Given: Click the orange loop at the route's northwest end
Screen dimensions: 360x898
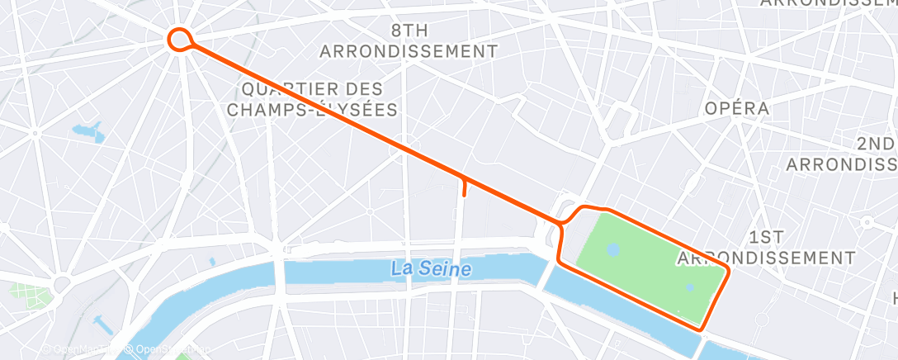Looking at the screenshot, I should click(179, 39).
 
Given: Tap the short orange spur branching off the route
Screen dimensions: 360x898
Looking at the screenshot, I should click(465, 187).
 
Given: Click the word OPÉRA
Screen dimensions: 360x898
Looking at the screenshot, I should click(736, 108).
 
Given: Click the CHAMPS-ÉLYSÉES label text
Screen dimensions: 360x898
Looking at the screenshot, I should click(312, 109).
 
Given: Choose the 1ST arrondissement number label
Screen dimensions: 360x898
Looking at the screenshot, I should click(767, 238).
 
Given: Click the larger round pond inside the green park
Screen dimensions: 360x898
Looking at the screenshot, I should click(612, 249).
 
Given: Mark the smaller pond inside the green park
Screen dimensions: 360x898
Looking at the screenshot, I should click(690, 287).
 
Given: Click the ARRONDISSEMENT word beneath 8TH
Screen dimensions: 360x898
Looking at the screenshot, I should click(409, 51).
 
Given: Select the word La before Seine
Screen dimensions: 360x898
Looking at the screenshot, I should click(403, 268).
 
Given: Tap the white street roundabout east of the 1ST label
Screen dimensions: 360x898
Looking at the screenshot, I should click(867, 222).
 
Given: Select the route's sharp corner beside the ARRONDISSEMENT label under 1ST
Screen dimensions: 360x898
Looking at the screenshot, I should click(729, 270).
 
